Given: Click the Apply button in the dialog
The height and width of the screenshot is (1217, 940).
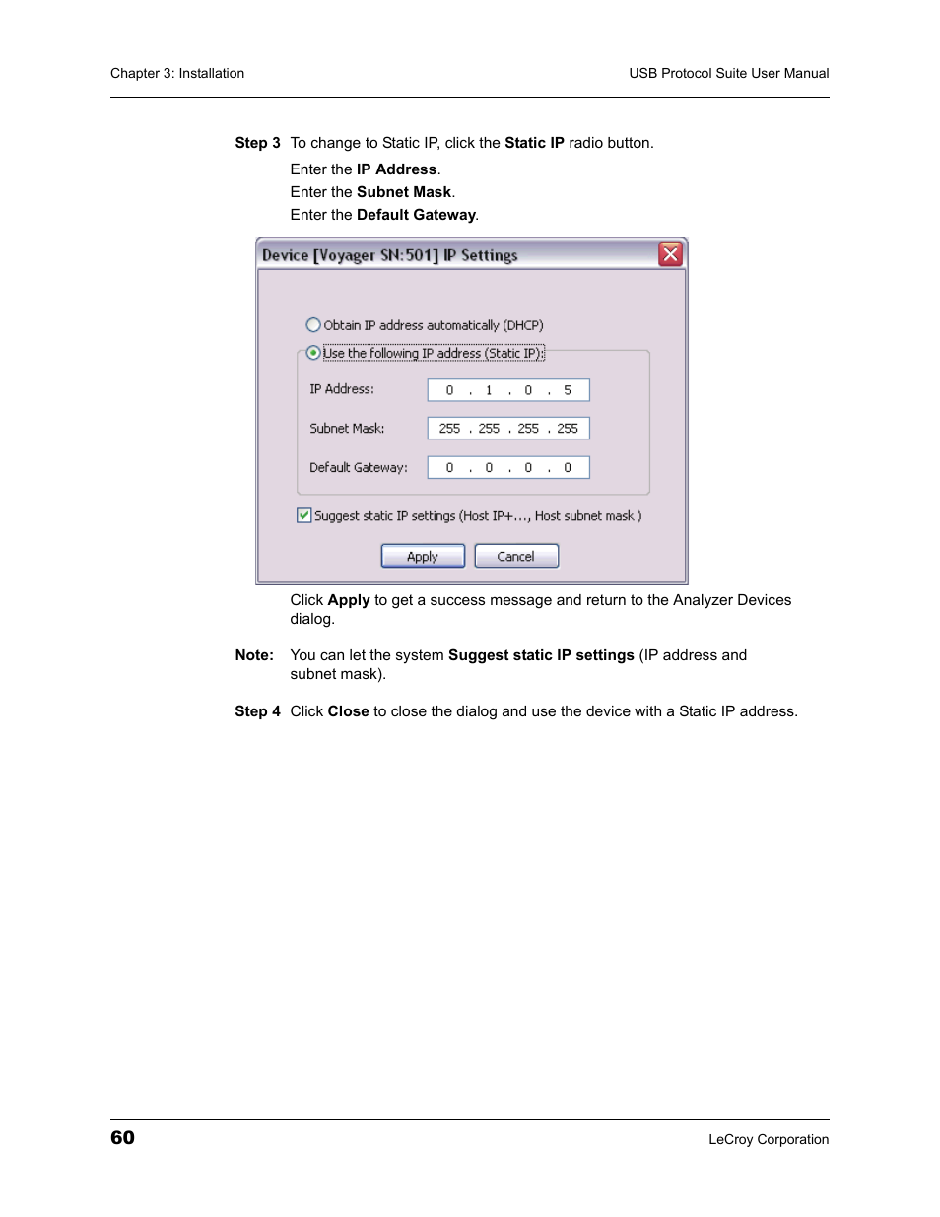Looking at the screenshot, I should click(x=423, y=557).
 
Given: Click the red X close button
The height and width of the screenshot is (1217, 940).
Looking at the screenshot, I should click(x=671, y=255).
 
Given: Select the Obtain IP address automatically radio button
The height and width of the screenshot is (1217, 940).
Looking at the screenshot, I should click(x=313, y=325).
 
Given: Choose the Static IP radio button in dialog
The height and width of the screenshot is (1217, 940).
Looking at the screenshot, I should click(x=313, y=353).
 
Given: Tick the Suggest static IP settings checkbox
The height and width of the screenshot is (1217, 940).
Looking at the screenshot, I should click(x=304, y=515).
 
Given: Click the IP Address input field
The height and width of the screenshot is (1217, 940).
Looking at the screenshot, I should click(x=508, y=390).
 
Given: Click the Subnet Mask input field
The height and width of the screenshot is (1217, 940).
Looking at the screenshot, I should click(x=508, y=429).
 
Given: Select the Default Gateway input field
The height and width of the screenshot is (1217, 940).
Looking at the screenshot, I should click(x=508, y=468).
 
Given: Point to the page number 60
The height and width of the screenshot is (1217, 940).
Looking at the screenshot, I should click(x=122, y=1138).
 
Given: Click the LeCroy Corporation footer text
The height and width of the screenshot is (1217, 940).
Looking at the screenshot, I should click(x=769, y=1140).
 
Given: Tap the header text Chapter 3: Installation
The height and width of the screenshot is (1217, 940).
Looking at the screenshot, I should click(x=177, y=73).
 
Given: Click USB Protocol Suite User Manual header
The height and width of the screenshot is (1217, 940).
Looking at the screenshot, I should click(x=729, y=73).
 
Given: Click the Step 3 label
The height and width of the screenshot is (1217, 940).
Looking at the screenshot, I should click(x=257, y=143).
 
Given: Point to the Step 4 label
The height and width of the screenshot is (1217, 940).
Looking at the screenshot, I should click(x=257, y=711).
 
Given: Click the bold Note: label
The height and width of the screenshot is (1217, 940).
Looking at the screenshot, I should click(x=254, y=655).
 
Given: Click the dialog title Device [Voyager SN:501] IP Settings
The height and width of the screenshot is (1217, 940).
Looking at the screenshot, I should click(x=389, y=255).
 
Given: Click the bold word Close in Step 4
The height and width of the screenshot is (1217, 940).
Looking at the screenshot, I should click(x=348, y=711).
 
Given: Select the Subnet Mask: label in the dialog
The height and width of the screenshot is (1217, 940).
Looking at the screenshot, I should click(x=347, y=429).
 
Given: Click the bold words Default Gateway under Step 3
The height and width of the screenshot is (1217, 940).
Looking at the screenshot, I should click(x=416, y=215).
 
